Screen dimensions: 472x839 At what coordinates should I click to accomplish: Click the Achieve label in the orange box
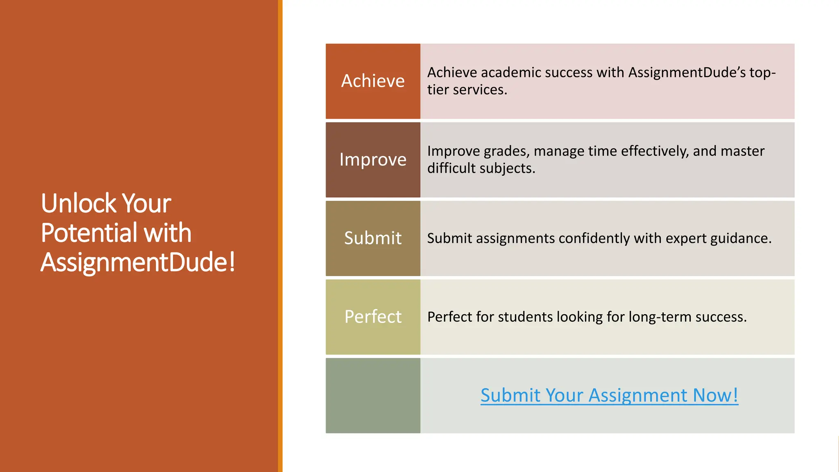[373, 81]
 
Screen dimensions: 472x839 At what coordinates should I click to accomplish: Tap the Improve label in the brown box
[373, 159]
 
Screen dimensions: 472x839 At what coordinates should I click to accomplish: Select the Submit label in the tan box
[373, 238]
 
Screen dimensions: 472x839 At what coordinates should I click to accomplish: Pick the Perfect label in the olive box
[373, 317]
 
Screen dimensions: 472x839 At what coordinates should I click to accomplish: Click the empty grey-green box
[373, 395]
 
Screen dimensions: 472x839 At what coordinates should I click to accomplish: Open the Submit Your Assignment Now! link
[609, 395]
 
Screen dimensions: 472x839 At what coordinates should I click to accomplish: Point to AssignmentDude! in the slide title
[138, 262]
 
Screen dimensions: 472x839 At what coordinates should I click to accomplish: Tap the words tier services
[467, 90]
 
